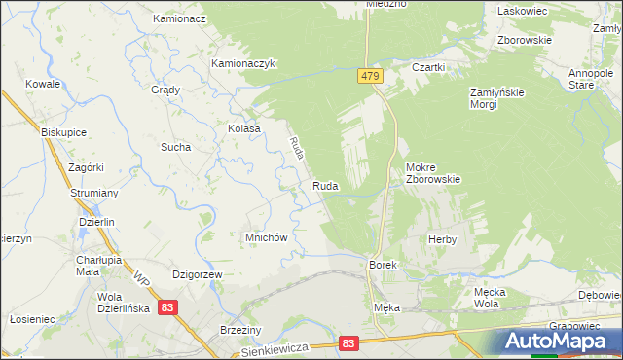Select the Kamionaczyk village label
coord(245,63)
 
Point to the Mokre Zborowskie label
coord(432,172)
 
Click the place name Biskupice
coord(64,130)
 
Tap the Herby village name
coord(442,238)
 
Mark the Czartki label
coord(428,67)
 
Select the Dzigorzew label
coord(198,275)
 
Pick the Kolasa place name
coord(243,128)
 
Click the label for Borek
coord(382,265)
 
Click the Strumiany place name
coord(93,193)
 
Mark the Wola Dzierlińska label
coord(121,303)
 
